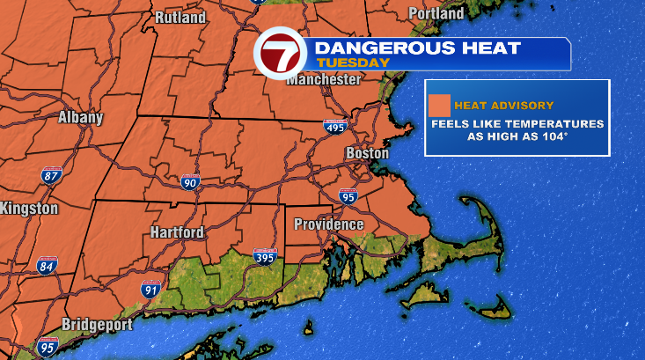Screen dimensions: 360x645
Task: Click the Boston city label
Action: coord(367,153)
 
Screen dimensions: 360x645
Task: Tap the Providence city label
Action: coord(328,224)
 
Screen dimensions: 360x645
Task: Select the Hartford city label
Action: coord(176,232)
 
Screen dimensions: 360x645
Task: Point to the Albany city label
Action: coord(81,117)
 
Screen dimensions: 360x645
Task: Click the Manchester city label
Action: coord(324,79)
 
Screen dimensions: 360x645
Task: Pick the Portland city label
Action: coord(436,14)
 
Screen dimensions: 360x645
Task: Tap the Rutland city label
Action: coord(180,18)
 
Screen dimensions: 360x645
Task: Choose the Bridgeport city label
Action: coord(97,325)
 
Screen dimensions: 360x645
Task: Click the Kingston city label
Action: coord(29,209)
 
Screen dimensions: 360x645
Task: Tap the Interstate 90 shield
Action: coord(190,182)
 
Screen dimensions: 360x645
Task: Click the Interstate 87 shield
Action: coord(52,175)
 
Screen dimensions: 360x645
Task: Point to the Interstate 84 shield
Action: coord(47,265)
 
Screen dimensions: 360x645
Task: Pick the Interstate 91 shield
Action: coord(150,289)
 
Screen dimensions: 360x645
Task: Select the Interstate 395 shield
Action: coord(264,256)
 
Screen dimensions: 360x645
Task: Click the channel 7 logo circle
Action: coord(280,55)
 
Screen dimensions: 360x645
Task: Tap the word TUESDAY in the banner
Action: coord(353,62)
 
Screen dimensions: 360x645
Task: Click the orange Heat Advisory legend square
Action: coord(439,106)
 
